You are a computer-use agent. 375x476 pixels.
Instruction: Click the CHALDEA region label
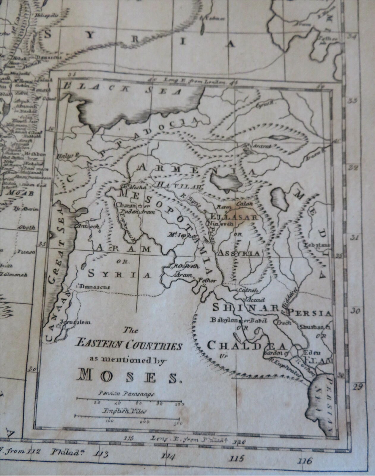coord(246,345)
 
